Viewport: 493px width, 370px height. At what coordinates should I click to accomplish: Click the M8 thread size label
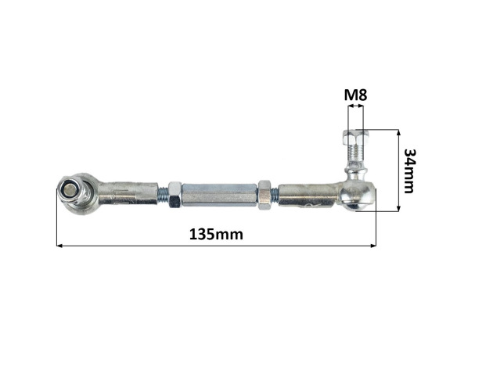pyautogui.click(x=355, y=95)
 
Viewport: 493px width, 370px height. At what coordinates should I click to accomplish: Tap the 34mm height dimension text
pyautogui.click(x=409, y=171)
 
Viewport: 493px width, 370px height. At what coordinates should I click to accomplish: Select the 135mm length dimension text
pyautogui.click(x=216, y=235)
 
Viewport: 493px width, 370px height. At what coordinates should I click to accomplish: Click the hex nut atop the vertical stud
pyautogui.click(x=356, y=136)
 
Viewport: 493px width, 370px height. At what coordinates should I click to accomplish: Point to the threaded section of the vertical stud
pyautogui.click(x=356, y=153)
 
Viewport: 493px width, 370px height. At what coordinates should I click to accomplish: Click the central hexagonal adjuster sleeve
pyautogui.click(x=220, y=195)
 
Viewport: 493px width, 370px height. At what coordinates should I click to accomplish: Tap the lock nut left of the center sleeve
pyautogui.click(x=175, y=195)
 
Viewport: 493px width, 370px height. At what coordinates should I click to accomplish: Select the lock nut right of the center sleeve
pyautogui.click(x=264, y=196)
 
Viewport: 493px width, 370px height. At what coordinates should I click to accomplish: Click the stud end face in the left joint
pyautogui.click(x=69, y=190)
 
